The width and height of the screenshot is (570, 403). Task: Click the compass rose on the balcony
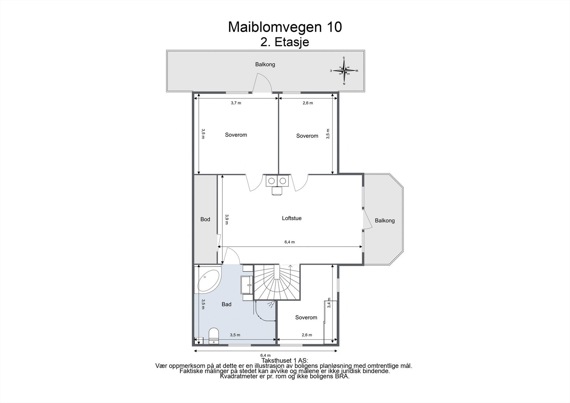(344, 71)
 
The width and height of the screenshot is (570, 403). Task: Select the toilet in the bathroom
(213, 335)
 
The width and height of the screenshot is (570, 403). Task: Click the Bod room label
(205, 219)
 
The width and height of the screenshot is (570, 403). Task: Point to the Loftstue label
(291, 218)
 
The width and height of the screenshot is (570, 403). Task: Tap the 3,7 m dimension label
(236, 103)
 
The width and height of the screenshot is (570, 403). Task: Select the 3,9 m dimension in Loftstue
(226, 219)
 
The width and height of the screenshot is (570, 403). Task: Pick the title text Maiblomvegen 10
(285, 27)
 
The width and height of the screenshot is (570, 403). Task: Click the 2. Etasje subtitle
(285, 42)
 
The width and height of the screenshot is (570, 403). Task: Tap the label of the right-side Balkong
(385, 221)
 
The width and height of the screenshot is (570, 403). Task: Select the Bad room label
(226, 304)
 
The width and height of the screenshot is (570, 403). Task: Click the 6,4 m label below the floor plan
(265, 355)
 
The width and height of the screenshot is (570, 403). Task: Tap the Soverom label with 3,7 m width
(236, 135)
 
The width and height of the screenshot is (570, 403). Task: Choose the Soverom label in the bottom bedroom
(306, 317)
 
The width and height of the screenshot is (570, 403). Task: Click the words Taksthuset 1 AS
(285, 361)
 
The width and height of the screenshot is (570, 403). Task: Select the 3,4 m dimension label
(329, 303)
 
